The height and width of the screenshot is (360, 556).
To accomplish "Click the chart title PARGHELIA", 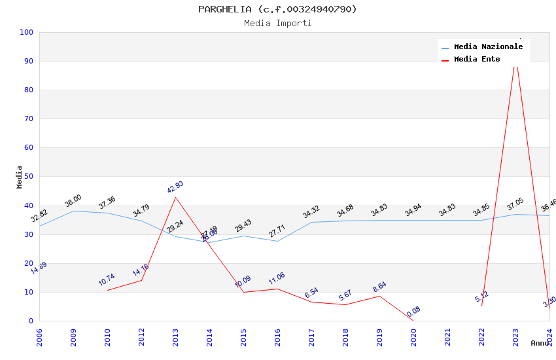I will click(x=278, y=9).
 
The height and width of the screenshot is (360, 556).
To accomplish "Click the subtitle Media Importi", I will click(x=278, y=24).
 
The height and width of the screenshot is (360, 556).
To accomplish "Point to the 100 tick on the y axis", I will click(x=27, y=32).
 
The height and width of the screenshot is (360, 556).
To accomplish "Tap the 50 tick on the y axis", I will click(x=29, y=177).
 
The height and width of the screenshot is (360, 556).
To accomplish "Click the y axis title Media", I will click(x=20, y=177).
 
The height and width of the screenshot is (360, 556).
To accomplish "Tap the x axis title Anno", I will click(x=540, y=343).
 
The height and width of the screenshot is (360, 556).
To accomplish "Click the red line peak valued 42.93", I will click(x=175, y=197).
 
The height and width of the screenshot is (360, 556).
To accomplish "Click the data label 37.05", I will click(x=515, y=204).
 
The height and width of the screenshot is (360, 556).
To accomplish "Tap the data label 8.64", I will click(x=379, y=286).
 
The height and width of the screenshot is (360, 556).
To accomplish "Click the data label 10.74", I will click(x=107, y=280).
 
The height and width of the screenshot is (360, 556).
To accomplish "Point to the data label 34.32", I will click(x=311, y=212).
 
